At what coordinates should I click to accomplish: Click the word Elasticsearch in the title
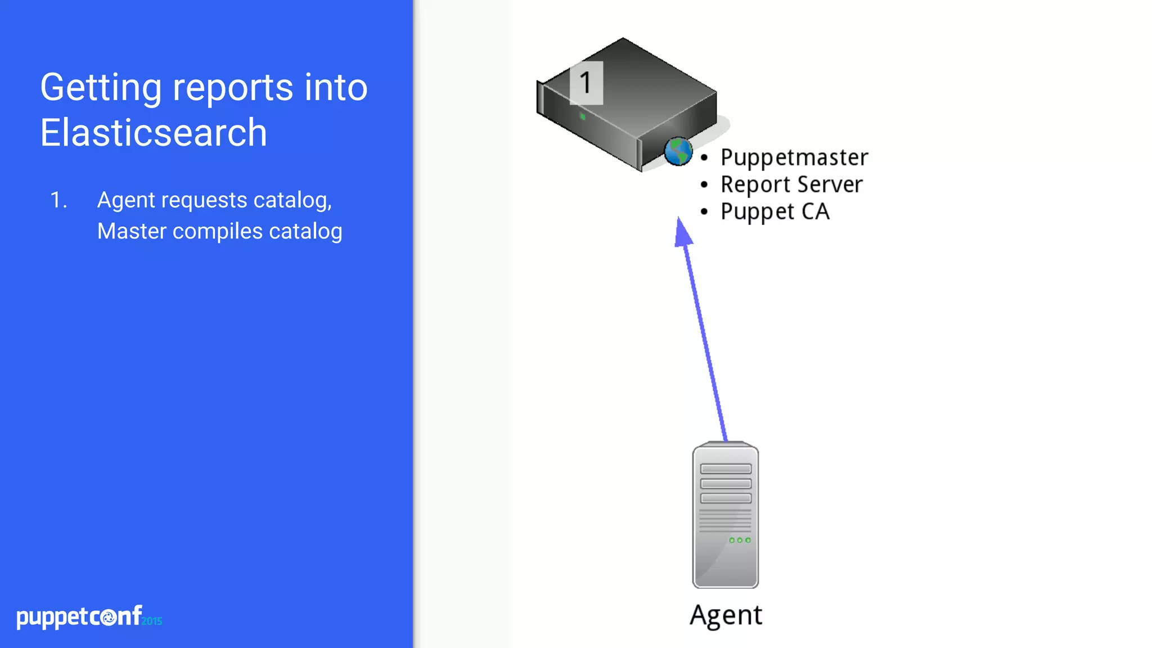[x=153, y=133]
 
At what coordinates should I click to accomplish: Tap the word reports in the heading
[x=232, y=88]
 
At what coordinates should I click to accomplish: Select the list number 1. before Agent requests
[x=58, y=200]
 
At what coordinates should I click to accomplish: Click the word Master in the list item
[x=132, y=231]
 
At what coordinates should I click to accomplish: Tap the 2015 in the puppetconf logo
[x=152, y=621]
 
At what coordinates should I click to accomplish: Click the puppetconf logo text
[x=79, y=617]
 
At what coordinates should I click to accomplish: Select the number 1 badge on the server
[x=586, y=83]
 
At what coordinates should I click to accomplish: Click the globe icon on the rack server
[x=678, y=151]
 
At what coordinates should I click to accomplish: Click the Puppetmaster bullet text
[x=794, y=157]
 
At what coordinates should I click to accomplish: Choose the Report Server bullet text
[x=791, y=184]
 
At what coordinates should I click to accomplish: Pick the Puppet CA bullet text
[x=775, y=212]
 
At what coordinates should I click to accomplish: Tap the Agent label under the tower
[x=726, y=615]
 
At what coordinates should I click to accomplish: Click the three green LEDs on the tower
[x=740, y=540]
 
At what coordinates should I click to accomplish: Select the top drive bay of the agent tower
[x=726, y=469]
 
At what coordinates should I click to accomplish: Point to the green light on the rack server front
[x=583, y=116]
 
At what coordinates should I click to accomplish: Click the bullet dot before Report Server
[x=704, y=184]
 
